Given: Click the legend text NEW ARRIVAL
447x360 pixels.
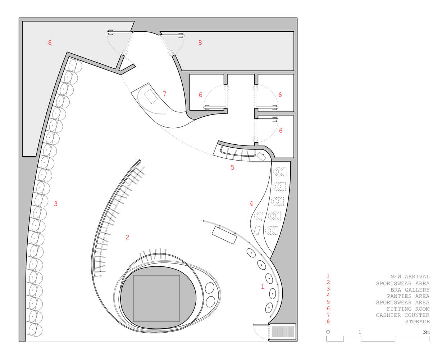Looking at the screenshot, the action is pyautogui.click(x=410, y=276).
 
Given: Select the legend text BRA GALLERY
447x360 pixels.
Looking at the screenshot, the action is pyautogui.click(x=410, y=290).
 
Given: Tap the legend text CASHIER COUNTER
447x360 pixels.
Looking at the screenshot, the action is pyautogui.click(x=402, y=315).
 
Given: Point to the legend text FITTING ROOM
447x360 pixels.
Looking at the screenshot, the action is pyautogui.click(x=408, y=309).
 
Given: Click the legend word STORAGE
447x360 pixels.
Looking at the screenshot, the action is pyautogui.click(x=417, y=321).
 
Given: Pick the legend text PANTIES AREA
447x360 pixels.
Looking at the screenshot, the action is pyautogui.click(x=408, y=296).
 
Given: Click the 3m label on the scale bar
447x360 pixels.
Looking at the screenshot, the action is pyautogui.click(x=426, y=332).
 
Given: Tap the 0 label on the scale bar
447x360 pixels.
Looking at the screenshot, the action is pyautogui.click(x=328, y=332).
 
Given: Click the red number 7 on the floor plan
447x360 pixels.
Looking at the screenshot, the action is pyautogui.click(x=164, y=94).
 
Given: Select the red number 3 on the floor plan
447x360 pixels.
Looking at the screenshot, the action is pyautogui.click(x=56, y=204).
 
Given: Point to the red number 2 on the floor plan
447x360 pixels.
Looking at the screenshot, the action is pyautogui.click(x=128, y=237).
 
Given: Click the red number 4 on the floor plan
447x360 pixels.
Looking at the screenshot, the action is pyautogui.click(x=251, y=203).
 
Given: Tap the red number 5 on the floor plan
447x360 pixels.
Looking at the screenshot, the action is pyautogui.click(x=232, y=167).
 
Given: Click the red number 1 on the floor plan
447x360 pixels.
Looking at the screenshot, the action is pyautogui.click(x=263, y=287).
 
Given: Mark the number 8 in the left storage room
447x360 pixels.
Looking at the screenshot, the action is pyautogui.click(x=50, y=42).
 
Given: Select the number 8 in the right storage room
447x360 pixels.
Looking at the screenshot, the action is pyautogui.click(x=200, y=42).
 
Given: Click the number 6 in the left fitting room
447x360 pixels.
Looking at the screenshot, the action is pyautogui.click(x=200, y=95).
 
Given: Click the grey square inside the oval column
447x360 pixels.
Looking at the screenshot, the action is pyautogui.click(x=157, y=298).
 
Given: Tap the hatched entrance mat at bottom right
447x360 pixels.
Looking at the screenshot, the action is pyautogui.click(x=283, y=332).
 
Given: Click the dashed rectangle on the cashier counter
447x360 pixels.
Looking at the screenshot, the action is pyautogui.click(x=151, y=96).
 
